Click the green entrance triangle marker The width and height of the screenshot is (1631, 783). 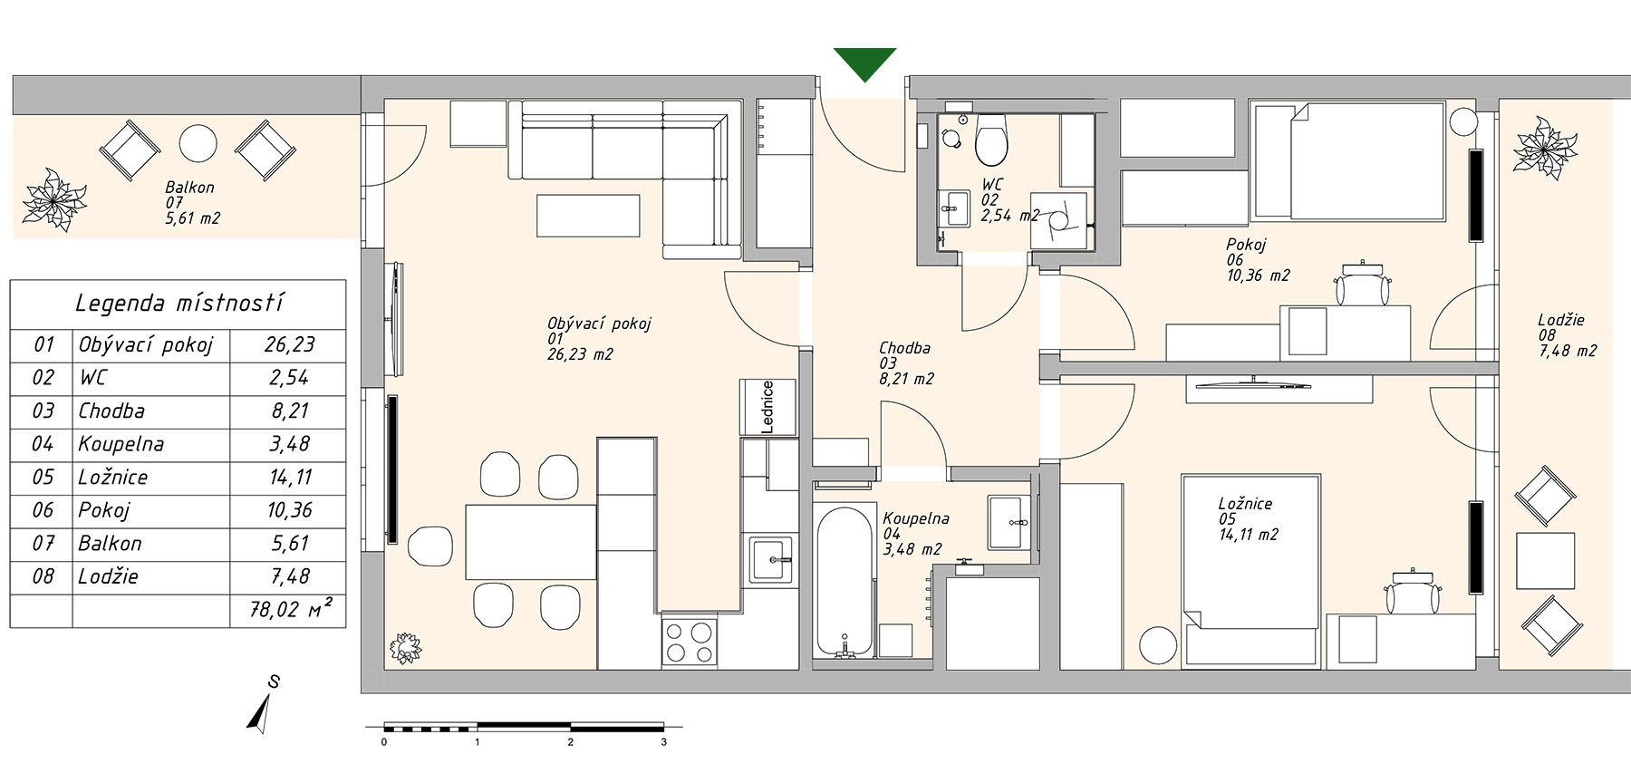864,62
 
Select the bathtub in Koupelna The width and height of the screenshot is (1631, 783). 844,581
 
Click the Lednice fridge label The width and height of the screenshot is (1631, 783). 767,407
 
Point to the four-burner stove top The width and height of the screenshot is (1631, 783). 689,642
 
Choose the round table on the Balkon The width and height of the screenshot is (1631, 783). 198,143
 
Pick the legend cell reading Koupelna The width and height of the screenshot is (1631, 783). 121,444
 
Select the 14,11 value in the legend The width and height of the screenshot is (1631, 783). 290,478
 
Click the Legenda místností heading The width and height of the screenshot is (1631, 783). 179,303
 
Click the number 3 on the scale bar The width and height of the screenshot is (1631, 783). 664,742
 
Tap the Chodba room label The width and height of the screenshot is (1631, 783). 904,348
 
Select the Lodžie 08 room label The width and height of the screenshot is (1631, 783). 1567,334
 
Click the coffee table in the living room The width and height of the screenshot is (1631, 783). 588,216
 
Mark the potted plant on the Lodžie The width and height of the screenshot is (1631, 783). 1545,146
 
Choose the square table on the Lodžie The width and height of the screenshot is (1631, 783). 1545,562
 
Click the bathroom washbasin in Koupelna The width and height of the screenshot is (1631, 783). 1009,522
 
